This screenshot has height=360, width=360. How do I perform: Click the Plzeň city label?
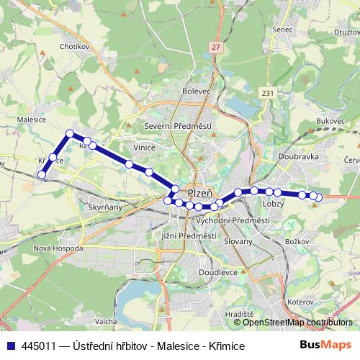click(x=199, y=193)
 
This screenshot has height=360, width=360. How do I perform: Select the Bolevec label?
click(x=196, y=91)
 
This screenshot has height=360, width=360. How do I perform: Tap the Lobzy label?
click(x=274, y=204)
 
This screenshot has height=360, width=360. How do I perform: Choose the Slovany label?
click(x=238, y=241)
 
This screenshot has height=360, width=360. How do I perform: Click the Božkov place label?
click(x=298, y=241)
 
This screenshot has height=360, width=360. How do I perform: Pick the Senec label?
click(x=283, y=30)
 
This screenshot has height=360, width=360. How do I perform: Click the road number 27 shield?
click(x=216, y=47)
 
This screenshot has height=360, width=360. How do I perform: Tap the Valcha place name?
click(x=106, y=321)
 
